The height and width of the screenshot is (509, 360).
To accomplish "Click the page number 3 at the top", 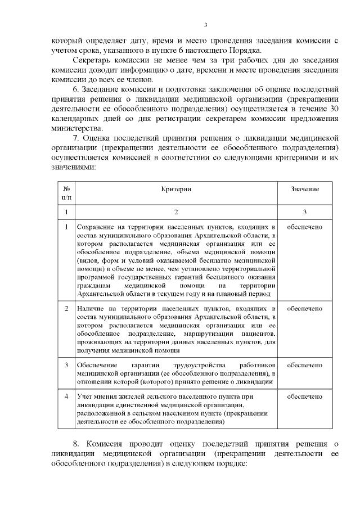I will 205,24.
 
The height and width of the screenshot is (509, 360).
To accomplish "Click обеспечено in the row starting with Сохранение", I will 305,227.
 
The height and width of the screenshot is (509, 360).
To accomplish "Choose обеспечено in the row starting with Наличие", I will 305,309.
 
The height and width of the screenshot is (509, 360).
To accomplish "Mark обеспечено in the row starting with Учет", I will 305,397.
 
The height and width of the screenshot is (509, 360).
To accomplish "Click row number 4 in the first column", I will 66,397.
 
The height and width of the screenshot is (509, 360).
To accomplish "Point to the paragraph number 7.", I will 76,138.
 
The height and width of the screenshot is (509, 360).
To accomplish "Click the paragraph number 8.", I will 76,445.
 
